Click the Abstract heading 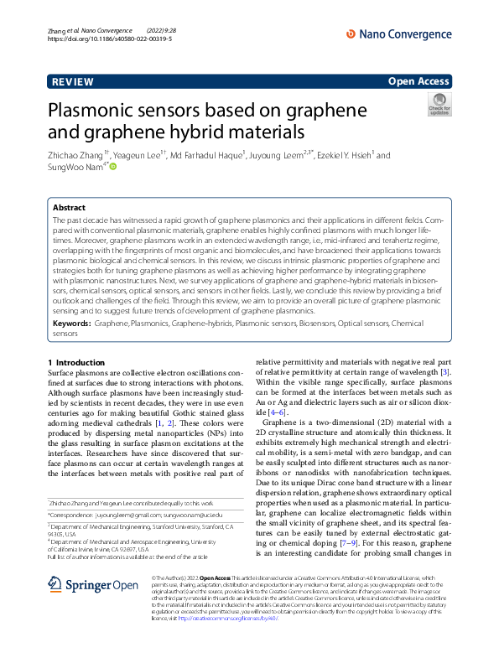[x=69, y=207]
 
